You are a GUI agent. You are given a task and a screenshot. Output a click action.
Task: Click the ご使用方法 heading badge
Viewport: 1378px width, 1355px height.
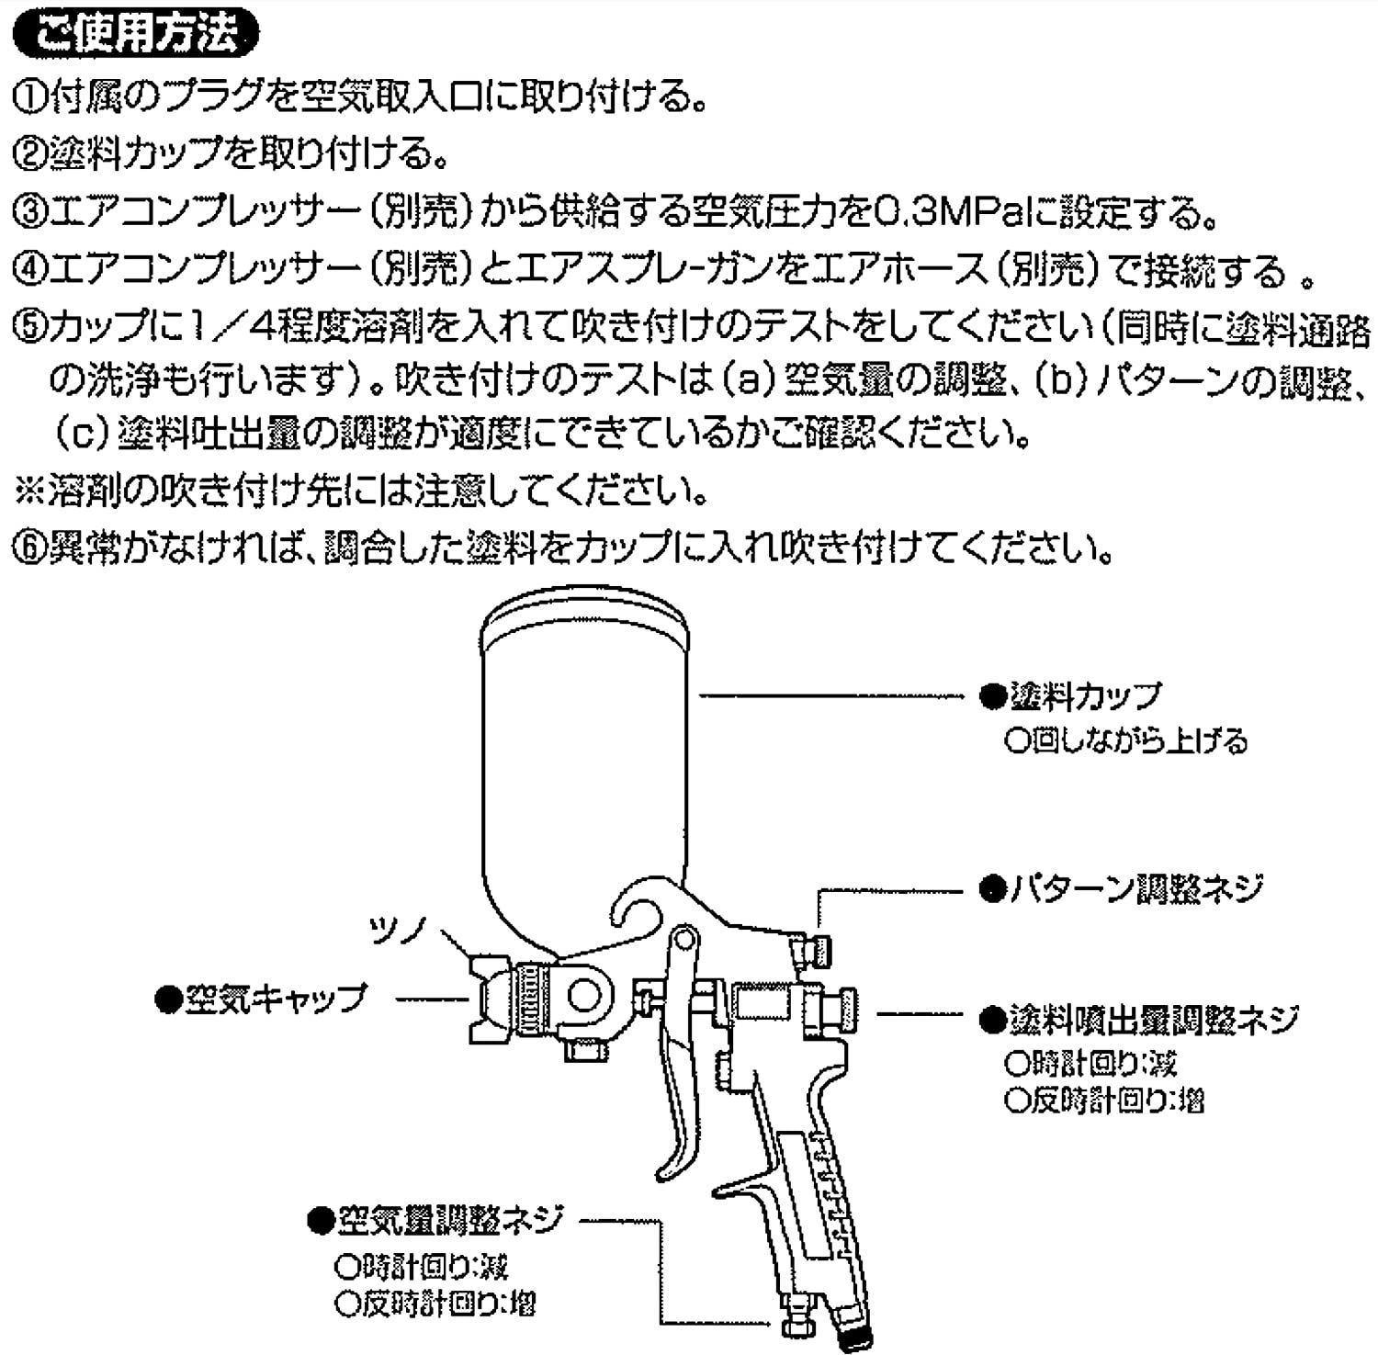point(137,34)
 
